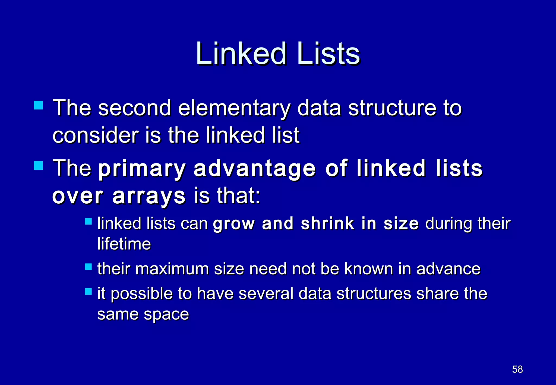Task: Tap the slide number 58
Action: tap(517, 369)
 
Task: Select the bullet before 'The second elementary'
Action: tap(39, 105)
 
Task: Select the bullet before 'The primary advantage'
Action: tap(39, 165)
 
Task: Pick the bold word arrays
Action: tap(149, 196)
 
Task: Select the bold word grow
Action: tap(234, 224)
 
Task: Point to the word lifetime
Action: tap(124, 244)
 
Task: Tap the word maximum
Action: tap(172, 269)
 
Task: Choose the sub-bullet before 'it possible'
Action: tap(89, 292)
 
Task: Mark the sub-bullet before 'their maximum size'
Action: tap(89, 267)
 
